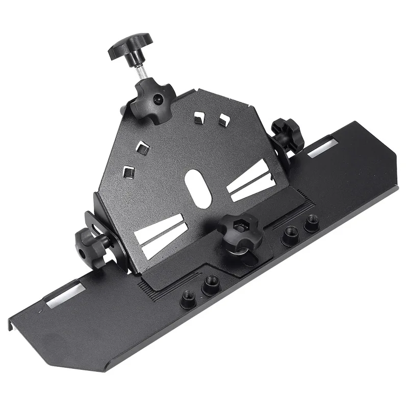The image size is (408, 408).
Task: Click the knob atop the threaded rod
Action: tap(125, 50)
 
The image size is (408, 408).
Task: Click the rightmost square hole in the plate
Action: tap(222, 119)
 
